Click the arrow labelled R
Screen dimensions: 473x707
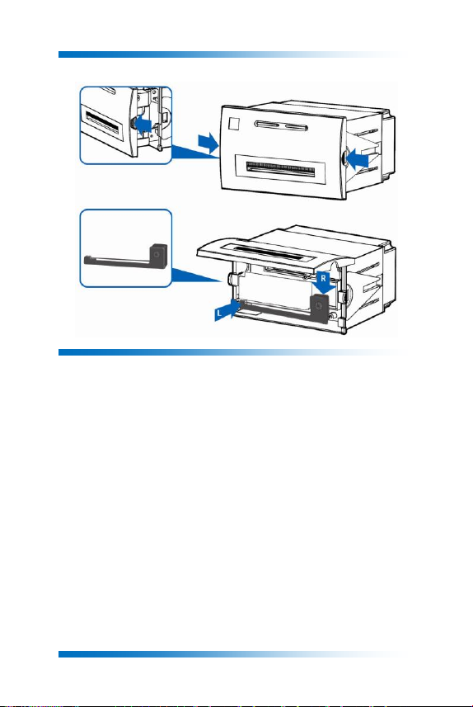(x=324, y=283)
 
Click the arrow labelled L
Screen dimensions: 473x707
(x=228, y=310)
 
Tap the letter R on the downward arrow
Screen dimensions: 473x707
(x=323, y=278)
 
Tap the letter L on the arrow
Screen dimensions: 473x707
(x=219, y=313)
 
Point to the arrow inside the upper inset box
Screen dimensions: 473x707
(x=143, y=123)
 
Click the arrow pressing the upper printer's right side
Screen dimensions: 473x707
(x=358, y=159)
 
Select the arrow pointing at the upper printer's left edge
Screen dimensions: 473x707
(x=208, y=143)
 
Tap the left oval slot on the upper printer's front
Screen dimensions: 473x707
(x=268, y=124)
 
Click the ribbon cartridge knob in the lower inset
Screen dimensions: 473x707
(x=157, y=255)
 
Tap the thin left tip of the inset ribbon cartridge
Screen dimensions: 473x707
(x=86, y=260)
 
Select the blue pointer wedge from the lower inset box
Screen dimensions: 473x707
(x=194, y=276)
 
